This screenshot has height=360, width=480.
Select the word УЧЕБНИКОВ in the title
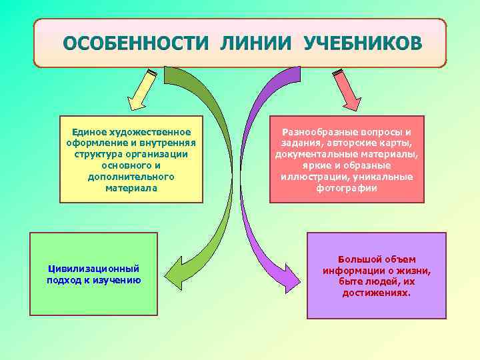coord(362,43)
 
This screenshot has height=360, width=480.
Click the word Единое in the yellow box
coord(88,131)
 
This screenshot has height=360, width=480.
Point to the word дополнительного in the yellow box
coord(131,177)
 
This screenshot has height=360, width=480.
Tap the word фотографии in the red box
coord(347,188)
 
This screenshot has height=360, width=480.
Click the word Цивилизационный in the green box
coord(93,268)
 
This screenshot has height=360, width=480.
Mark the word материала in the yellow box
coord(131,188)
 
